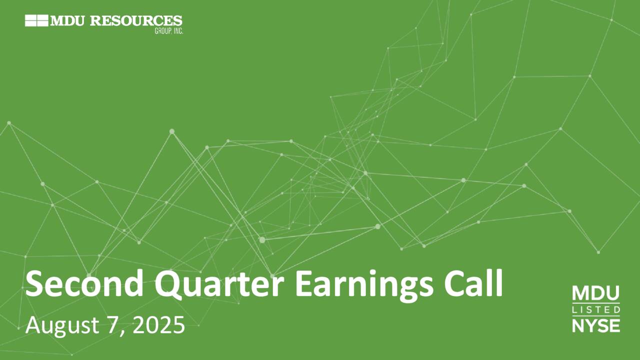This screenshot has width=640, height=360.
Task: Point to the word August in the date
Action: point(60,326)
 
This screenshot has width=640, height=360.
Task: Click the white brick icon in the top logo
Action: point(36,21)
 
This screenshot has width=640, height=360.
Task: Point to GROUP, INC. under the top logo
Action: point(168,30)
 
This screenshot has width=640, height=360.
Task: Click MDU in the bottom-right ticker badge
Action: point(595,293)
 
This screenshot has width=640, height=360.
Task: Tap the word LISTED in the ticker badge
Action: point(595,310)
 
